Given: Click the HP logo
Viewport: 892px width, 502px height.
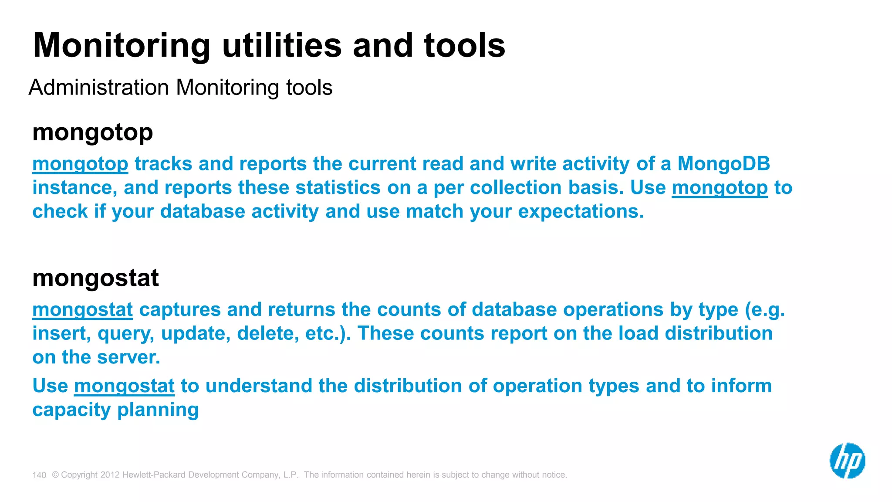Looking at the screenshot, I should (x=847, y=461).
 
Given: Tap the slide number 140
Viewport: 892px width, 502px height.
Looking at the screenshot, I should (x=39, y=475).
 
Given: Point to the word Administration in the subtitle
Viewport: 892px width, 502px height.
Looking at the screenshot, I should (x=99, y=87).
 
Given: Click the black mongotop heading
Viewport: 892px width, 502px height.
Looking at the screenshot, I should (x=93, y=132).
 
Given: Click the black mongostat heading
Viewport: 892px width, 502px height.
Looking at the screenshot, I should (x=95, y=278).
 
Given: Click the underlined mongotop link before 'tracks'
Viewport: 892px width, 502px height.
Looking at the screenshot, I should (x=80, y=164).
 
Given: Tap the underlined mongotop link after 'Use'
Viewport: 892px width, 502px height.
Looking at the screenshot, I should (x=720, y=188).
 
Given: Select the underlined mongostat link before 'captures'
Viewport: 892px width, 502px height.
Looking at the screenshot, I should (x=82, y=310).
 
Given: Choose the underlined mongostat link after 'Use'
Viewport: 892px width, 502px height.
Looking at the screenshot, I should (x=124, y=386).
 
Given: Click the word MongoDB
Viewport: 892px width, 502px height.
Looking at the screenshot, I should (x=723, y=164).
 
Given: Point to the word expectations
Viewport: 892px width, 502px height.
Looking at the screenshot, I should (x=581, y=212).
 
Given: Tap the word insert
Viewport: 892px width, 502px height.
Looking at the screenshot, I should (x=61, y=333).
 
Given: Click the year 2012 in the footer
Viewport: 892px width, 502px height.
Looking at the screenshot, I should (x=110, y=475).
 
